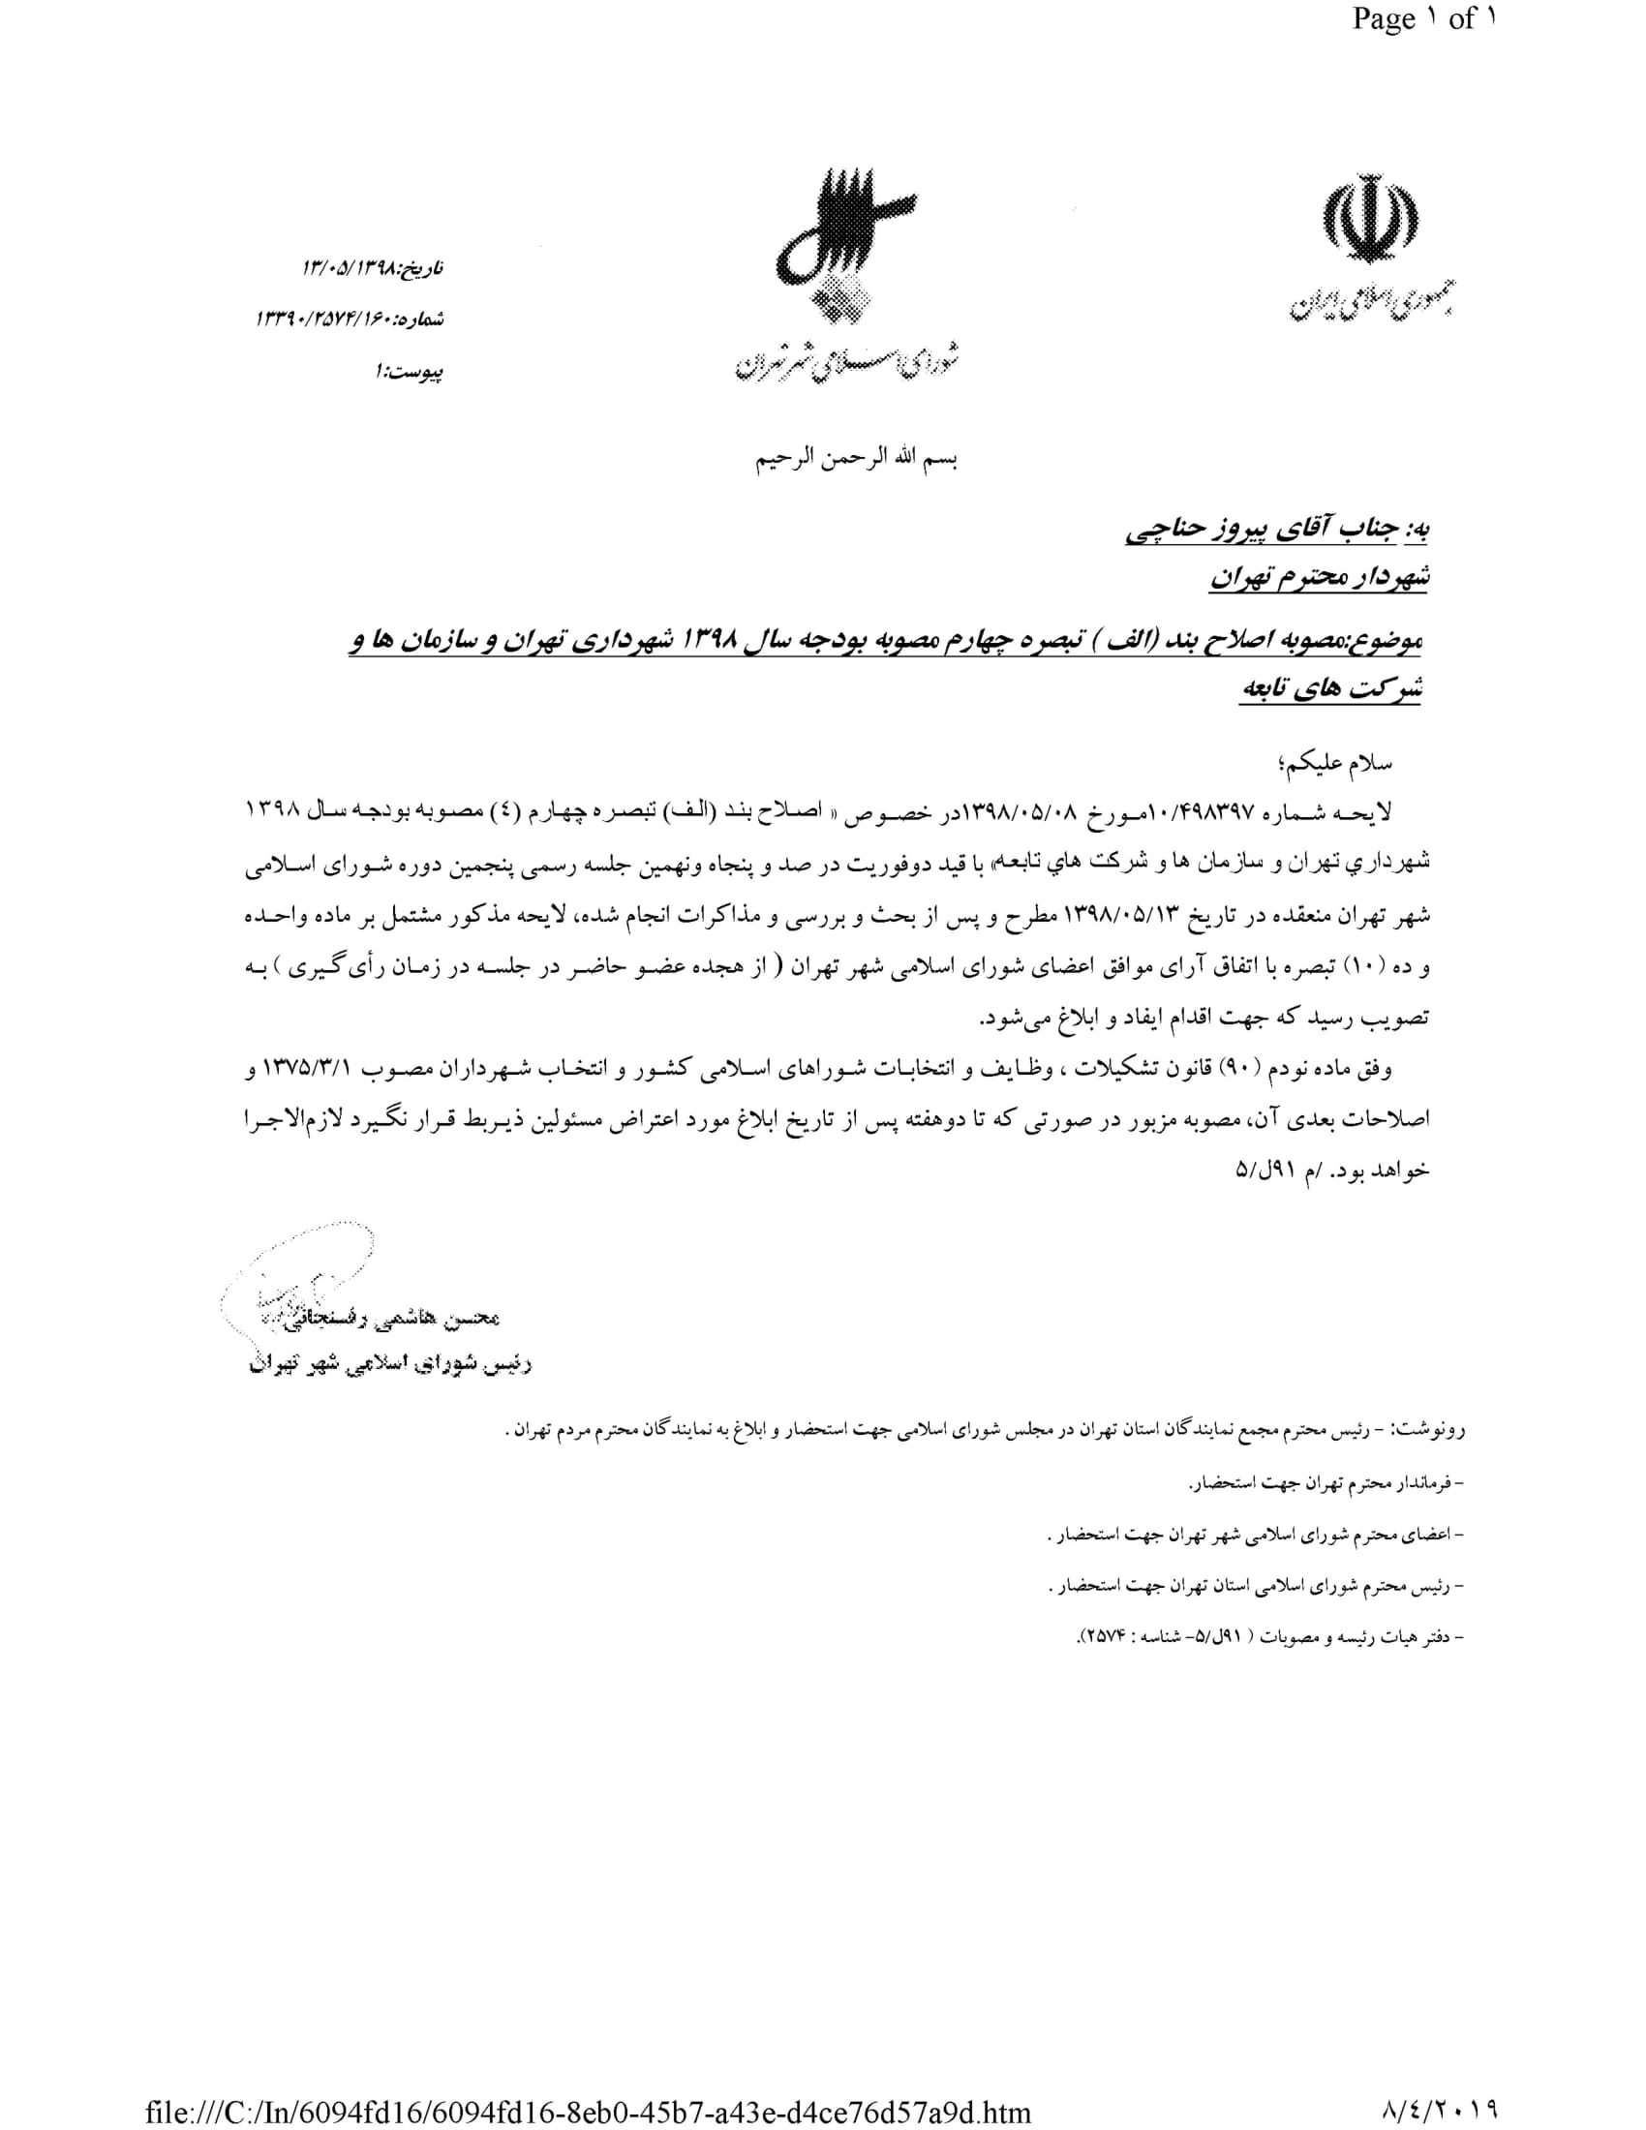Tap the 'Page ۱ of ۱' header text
coord(1422,19)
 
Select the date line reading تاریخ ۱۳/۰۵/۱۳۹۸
coord(374,266)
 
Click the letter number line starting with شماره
coord(351,318)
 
